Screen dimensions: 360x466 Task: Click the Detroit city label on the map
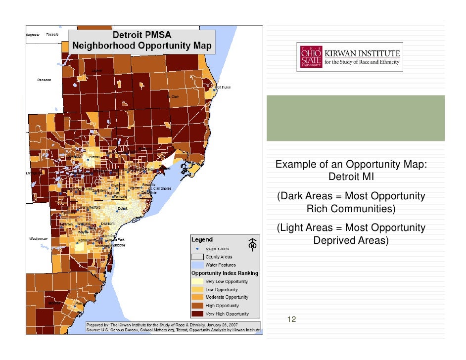123,208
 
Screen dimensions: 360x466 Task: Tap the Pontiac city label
95,156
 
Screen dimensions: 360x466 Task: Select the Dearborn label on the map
108,223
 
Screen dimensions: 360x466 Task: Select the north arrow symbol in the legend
253,243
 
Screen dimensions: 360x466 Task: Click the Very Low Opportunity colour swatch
198,281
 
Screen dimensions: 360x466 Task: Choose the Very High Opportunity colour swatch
198,314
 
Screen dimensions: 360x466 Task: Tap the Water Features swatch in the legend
198,265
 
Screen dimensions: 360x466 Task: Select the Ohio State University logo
310,57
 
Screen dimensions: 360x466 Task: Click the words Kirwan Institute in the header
362,52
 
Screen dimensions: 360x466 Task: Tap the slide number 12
291,319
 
